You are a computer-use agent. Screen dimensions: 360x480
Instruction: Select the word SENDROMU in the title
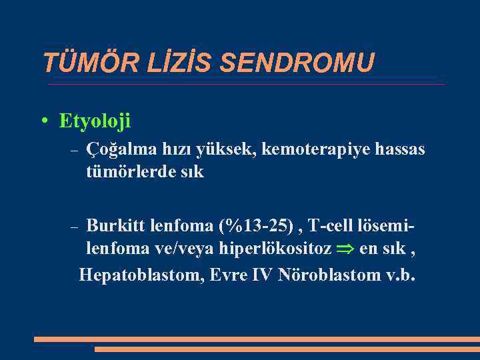[x=297, y=63]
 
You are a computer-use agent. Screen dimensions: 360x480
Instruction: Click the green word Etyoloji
[x=95, y=121]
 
